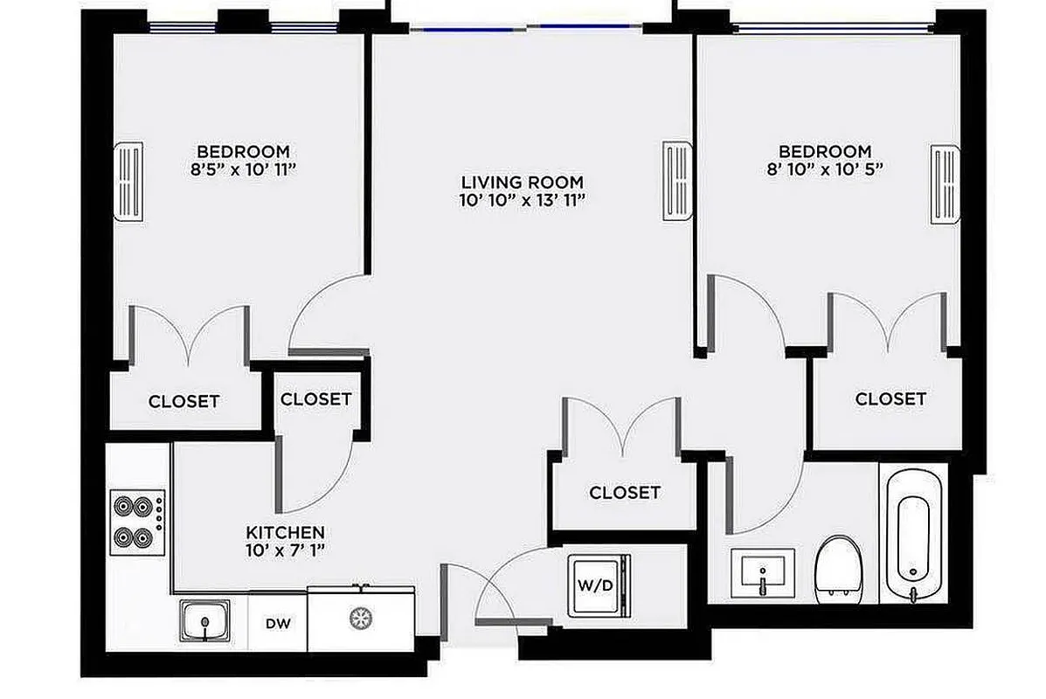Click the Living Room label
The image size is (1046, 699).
click(522, 183)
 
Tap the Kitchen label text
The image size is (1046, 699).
click(285, 532)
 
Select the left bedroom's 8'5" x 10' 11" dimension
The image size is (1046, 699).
click(242, 169)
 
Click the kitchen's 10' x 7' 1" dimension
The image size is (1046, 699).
click(285, 550)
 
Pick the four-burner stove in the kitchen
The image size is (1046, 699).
click(137, 521)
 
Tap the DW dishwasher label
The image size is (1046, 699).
click(278, 624)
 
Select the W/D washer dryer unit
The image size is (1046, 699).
click(599, 585)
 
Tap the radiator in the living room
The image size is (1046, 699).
click(677, 182)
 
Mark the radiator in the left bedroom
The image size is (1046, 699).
click(128, 182)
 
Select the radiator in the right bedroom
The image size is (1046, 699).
click(946, 185)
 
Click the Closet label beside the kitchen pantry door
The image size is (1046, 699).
click(315, 399)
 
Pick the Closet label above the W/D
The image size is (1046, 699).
click(624, 493)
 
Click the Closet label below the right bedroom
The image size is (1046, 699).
click(890, 399)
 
